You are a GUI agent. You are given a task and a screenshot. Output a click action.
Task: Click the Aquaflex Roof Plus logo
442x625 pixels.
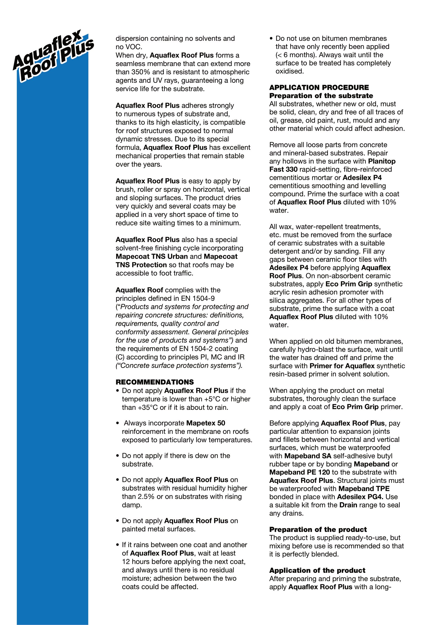point(53,56)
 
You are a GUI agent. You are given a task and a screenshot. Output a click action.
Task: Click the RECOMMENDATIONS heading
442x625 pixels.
point(154,382)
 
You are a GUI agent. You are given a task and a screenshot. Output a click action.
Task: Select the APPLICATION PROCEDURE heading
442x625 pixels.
point(319,87)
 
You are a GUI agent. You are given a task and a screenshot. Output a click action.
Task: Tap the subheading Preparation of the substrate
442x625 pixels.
point(321,96)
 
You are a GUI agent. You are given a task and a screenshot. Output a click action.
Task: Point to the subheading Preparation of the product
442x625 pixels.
point(318,529)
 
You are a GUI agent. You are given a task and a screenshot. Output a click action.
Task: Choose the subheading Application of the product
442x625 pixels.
point(317,570)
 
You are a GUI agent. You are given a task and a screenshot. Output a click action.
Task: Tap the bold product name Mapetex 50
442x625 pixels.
point(206,423)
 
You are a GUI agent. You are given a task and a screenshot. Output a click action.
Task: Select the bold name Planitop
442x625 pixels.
point(382,161)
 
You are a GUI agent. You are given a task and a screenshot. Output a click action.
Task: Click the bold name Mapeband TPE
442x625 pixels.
point(364,489)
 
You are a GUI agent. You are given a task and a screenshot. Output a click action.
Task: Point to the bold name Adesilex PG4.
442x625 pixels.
point(360,497)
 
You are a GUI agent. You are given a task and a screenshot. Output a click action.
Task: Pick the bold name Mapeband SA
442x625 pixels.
point(308,456)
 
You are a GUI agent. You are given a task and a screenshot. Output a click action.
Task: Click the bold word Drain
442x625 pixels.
point(348,505)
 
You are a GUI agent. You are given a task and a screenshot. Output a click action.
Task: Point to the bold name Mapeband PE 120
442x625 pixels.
point(299,472)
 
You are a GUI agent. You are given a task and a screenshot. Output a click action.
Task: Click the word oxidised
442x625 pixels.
point(289,71)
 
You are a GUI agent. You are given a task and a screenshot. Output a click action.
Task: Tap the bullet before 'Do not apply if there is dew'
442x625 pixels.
point(118,456)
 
